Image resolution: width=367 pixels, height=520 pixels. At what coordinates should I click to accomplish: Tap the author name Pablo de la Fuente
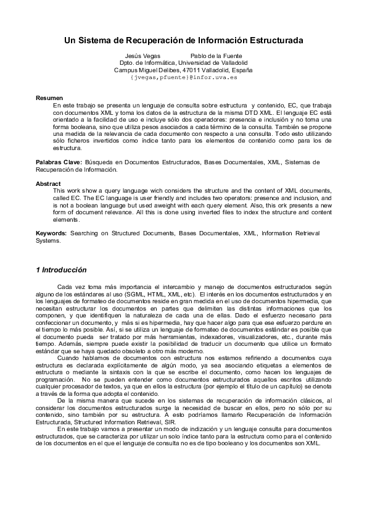click(208, 56)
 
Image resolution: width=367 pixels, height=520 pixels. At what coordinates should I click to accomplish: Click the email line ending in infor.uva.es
click(183, 78)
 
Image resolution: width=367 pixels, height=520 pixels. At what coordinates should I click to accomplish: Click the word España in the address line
click(239, 70)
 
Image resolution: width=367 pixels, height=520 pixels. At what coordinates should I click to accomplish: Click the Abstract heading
click(48, 183)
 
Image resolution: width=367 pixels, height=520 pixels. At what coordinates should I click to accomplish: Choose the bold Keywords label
click(51, 234)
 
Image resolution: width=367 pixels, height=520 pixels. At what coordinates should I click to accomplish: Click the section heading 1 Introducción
click(61, 270)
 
